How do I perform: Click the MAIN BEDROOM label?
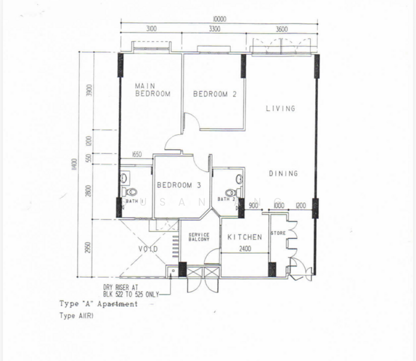(x=152, y=90)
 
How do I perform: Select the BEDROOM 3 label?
(x=179, y=185)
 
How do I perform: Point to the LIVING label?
(x=281, y=109)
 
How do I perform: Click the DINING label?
(x=283, y=173)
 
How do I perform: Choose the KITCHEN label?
(x=245, y=238)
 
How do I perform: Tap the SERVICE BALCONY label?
(x=198, y=238)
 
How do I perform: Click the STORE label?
(x=278, y=233)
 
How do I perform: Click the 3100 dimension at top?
(x=151, y=28)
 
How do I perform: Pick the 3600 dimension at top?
(x=281, y=28)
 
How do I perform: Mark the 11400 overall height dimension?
(x=75, y=164)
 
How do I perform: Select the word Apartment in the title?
(x=118, y=304)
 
